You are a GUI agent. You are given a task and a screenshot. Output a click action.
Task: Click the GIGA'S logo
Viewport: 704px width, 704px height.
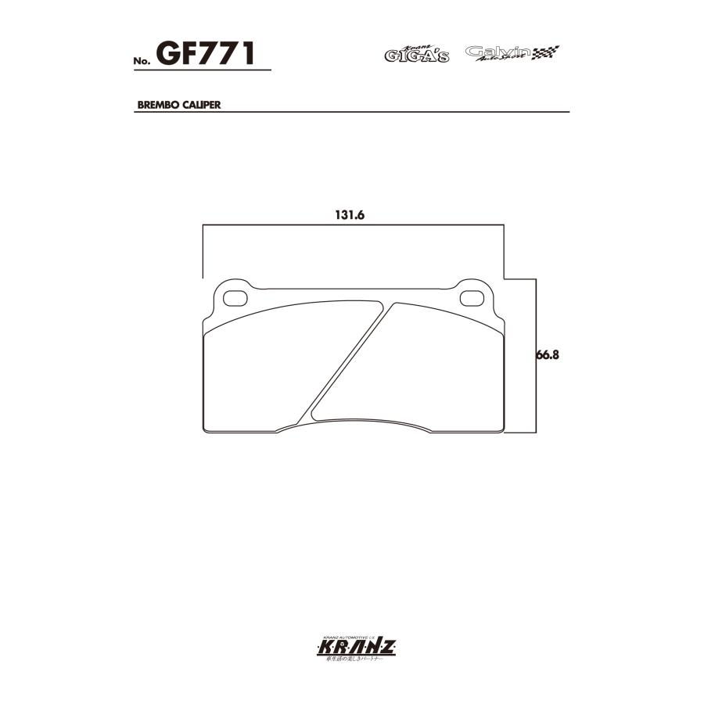[416, 55]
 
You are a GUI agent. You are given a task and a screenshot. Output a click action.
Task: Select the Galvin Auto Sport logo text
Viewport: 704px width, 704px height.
[497, 52]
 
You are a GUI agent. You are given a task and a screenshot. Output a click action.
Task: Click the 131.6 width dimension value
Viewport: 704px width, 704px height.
[351, 216]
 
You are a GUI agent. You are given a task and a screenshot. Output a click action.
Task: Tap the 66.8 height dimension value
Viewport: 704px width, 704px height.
[550, 354]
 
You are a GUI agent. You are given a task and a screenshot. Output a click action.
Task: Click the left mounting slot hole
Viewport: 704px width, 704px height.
[235, 298]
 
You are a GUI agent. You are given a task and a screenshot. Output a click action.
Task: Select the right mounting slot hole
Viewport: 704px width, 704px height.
[472, 298]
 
